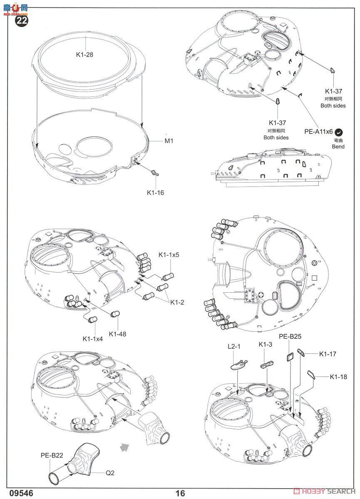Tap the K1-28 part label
pos(85,54)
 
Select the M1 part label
pos(169,141)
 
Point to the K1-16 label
pos(156,193)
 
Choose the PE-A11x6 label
pos(318,131)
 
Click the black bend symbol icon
pos(340,132)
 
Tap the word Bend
pos(338,146)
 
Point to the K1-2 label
pos(177,302)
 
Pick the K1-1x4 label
pos(92,338)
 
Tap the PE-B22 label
pos(52,455)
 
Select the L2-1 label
pos(234,346)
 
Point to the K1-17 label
pos(328,354)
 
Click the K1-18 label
pos(338,377)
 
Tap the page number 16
pos(180,493)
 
